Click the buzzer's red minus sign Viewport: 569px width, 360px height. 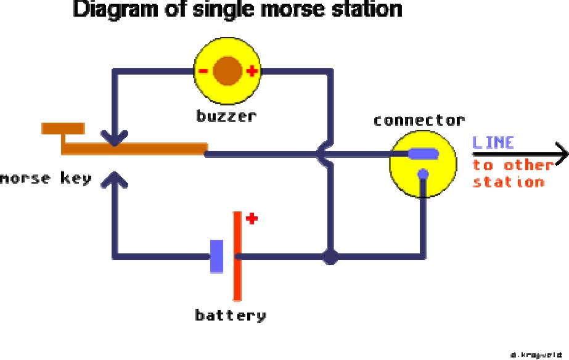[x=203, y=71]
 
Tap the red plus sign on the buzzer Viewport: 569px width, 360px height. [x=252, y=71]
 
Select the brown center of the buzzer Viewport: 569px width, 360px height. [x=227, y=70]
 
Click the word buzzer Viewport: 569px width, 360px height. [x=226, y=116]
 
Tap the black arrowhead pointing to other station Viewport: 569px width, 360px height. [x=560, y=153]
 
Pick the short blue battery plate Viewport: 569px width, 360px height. [x=217, y=256]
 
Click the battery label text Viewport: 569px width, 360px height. [x=231, y=316]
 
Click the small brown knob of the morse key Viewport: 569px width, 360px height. [x=63, y=128]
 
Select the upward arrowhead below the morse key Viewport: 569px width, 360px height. [x=114, y=178]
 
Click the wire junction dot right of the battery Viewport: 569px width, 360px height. [x=331, y=256]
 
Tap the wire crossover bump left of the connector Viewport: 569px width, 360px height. [x=322, y=153]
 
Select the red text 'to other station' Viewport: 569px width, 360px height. [x=512, y=173]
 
